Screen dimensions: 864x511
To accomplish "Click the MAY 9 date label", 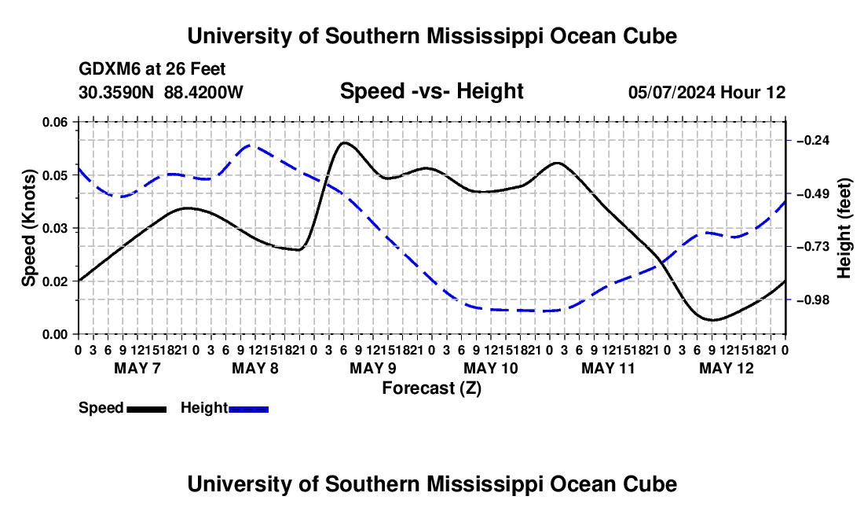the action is point(373,368).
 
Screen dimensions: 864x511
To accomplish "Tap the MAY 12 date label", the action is point(727,368).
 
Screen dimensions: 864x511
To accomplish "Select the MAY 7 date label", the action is point(137,368).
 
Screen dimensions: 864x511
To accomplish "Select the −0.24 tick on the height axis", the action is point(813,141).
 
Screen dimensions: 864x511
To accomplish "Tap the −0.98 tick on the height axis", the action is point(813,300).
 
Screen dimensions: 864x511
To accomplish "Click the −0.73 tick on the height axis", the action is point(813,246).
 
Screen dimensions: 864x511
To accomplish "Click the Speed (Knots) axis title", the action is point(29,228).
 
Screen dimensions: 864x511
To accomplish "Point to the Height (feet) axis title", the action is point(844,228).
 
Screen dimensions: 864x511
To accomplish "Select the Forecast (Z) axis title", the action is point(432,388).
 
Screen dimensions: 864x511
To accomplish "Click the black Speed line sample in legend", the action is point(147,409).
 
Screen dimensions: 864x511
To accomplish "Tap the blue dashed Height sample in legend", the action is point(248,409).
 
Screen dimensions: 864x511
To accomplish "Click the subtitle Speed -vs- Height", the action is point(432,91).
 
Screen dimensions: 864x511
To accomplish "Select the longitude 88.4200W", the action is point(203,92).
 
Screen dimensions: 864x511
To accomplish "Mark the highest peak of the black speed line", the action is point(344,142).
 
